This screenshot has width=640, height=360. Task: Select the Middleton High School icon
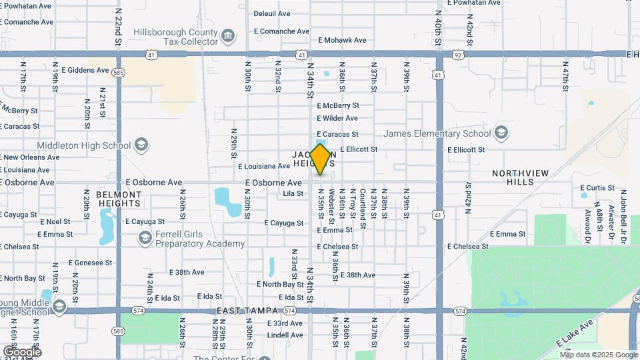point(141,145)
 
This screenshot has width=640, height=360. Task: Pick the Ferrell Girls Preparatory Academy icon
point(145,238)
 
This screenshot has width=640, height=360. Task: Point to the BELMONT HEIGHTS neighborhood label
point(119,199)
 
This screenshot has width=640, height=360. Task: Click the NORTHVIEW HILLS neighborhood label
point(520,177)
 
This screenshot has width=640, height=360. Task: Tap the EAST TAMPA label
point(248,311)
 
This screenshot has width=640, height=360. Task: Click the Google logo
point(21,351)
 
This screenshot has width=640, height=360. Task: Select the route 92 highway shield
point(458,55)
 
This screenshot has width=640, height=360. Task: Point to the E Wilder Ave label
point(337,119)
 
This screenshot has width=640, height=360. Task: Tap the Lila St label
point(293,194)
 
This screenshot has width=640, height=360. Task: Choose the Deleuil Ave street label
point(272,13)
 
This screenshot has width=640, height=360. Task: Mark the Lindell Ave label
point(285,335)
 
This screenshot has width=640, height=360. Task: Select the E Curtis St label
point(597,188)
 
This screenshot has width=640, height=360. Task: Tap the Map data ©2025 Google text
point(599,355)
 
